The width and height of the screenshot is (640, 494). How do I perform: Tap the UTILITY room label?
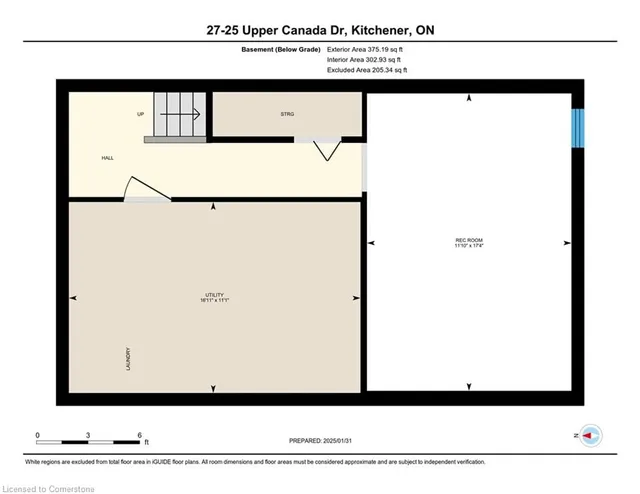point(213,294)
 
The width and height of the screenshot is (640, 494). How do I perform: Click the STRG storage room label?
point(287,115)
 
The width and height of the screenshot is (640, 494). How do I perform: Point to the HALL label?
point(107,158)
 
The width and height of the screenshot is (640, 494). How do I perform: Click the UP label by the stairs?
point(141,114)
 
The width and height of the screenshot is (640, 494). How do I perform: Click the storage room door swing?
point(325,150)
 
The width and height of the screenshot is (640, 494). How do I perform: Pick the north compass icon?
point(591,436)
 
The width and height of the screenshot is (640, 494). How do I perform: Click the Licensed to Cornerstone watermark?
point(50,486)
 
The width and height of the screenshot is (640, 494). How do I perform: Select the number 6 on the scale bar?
point(141,435)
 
